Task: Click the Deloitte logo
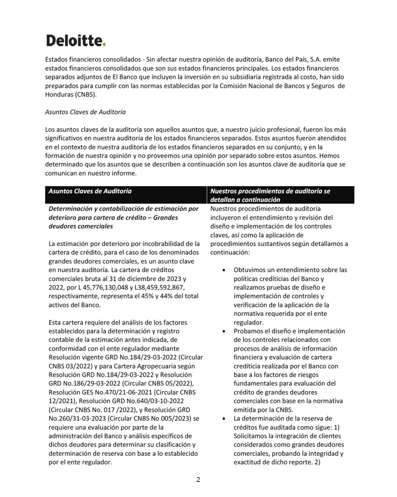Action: (x=76, y=41)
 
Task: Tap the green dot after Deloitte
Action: (x=104, y=45)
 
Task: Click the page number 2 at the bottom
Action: (x=198, y=479)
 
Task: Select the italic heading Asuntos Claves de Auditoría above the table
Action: (x=85, y=112)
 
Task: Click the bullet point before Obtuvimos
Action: (x=224, y=270)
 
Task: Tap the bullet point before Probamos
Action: (x=224, y=331)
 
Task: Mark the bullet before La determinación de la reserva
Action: (x=224, y=419)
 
